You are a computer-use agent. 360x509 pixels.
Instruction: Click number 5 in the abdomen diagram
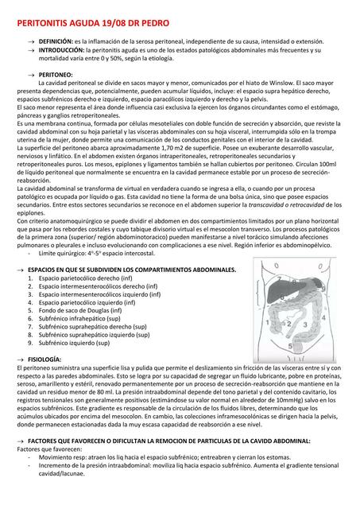[x=289, y=346]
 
